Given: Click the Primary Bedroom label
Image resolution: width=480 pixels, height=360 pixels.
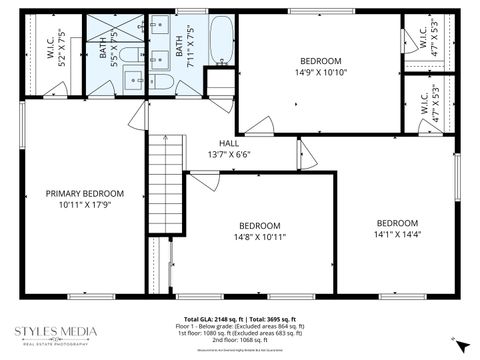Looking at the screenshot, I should coord(84,193).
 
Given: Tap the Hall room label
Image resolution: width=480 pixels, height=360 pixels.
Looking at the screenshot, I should coord(229,143).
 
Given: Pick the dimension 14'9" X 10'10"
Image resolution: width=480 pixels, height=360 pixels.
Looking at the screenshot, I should coord(321,72).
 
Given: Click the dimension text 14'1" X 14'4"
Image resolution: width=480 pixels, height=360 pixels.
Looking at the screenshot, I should coord(397,235).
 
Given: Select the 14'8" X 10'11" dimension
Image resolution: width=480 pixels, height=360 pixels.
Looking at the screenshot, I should coord(259,237).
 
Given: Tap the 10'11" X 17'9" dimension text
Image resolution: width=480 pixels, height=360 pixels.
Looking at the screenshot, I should coord(84,205).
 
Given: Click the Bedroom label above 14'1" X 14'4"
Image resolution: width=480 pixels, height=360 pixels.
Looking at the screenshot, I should coord(397,223).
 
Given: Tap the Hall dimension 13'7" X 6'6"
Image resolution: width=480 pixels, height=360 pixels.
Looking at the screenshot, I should coord(229,155).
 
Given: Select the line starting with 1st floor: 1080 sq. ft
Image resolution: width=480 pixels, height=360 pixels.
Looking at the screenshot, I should coord(240,333).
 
